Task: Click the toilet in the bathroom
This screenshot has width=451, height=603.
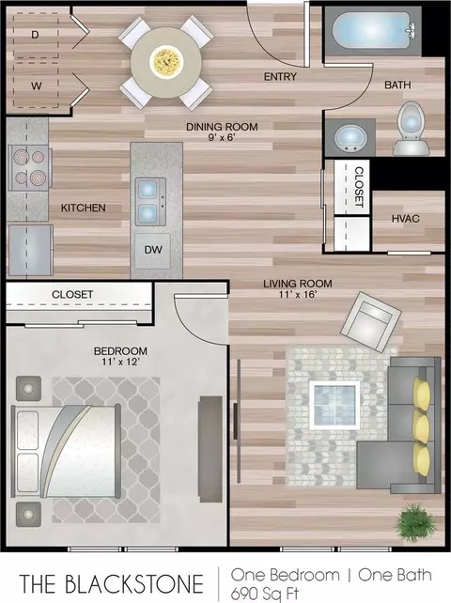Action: (x=411, y=130)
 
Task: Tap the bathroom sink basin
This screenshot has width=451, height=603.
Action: (x=350, y=137)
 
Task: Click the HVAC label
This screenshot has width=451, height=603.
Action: (x=405, y=219)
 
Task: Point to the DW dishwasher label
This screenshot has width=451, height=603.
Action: (x=153, y=250)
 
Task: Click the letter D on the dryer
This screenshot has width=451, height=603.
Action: (x=35, y=35)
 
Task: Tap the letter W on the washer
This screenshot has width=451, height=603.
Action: (x=36, y=85)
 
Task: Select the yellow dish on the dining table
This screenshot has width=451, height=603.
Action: (x=166, y=61)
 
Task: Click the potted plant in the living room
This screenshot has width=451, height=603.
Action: (x=415, y=522)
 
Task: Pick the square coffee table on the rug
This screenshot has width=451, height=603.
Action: (x=334, y=405)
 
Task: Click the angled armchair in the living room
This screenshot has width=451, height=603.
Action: (x=371, y=322)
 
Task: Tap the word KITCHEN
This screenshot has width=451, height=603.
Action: (x=83, y=209)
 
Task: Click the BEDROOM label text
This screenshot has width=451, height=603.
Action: (x=120, y=351)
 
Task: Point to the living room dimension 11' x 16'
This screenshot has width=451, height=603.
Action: (x=298, y=295)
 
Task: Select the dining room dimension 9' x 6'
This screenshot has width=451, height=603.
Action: (x=222, y=137)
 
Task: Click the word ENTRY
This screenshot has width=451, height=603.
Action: (x=280, y=77)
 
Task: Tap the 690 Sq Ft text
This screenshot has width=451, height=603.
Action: (x=265, y=594)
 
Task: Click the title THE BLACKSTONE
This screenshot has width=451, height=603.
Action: (x=112, y=583)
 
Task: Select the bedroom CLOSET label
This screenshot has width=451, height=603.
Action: (x=72, y=295)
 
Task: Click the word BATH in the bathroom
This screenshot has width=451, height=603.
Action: (x=397, y=85)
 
